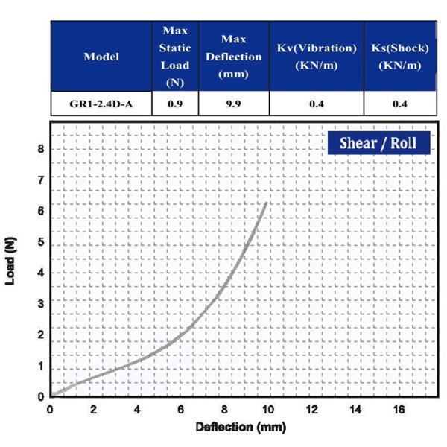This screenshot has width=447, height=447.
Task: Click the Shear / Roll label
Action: (x=378, y=142)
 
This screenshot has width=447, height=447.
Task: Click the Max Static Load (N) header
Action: (x=175, y=57)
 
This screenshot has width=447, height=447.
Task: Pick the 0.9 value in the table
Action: (x=175, y=104)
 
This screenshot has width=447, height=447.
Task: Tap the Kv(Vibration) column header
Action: (x=316, y=57)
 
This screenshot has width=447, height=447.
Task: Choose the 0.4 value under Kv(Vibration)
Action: (x=316, y=104)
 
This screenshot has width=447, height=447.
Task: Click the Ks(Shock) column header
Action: (x=399, y=57)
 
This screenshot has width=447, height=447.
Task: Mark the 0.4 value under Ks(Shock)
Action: (x=399, y=104)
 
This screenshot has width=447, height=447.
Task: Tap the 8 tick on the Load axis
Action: (x=40, y=149)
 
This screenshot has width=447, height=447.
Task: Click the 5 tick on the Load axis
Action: (x=40, y=243)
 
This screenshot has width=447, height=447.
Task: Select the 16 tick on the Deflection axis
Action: (x=399, y=410)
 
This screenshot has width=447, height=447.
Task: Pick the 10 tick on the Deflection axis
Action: (x=267, y=410)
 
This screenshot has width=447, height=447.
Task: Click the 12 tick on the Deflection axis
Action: (x=311, y=410)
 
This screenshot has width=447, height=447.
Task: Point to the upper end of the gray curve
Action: (x=266, y=203)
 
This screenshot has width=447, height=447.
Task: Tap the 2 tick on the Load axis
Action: (x=40, y=335)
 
